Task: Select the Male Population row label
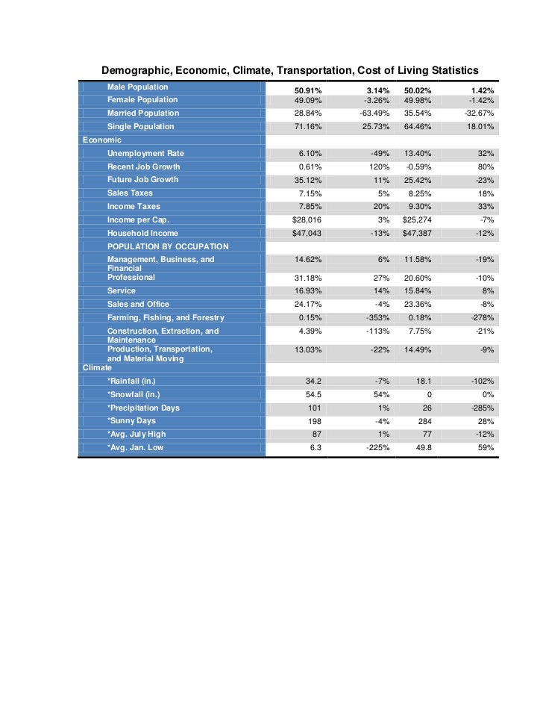click(x=137, y=87)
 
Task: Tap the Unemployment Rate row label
click(x=145, y=153)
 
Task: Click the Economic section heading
click(x=102, y=140)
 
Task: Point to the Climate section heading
click(x=98, y=367)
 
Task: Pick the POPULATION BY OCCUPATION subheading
click(x=168, y=246)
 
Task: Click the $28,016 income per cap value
click(x=307, y=220)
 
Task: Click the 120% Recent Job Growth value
click(x=380, y=166)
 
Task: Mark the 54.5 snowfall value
click(x=311, y=394)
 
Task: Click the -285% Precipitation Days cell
click(x=479, y=408)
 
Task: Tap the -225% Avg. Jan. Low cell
click(x=376, y=448)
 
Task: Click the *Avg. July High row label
click(x=136, y=434)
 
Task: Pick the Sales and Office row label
click(x=138, y=304)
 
